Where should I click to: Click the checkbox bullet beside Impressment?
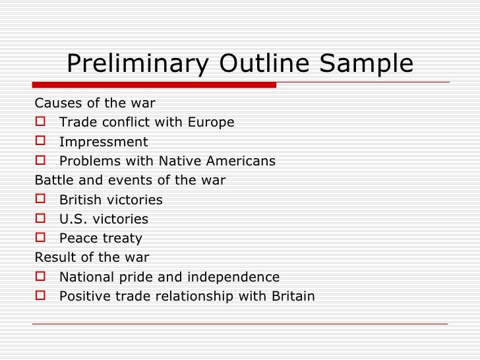point(41,141)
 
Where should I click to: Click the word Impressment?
point(104,142)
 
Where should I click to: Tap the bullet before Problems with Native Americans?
point(41,160)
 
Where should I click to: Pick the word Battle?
point(54,180)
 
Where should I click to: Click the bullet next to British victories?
point(41,199)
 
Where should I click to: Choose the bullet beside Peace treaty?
point(41,237)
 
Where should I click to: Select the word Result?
point(55,257)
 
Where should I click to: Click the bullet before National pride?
point(41,276)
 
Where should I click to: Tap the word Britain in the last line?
point(293,296)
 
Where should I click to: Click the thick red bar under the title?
point(154,85)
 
